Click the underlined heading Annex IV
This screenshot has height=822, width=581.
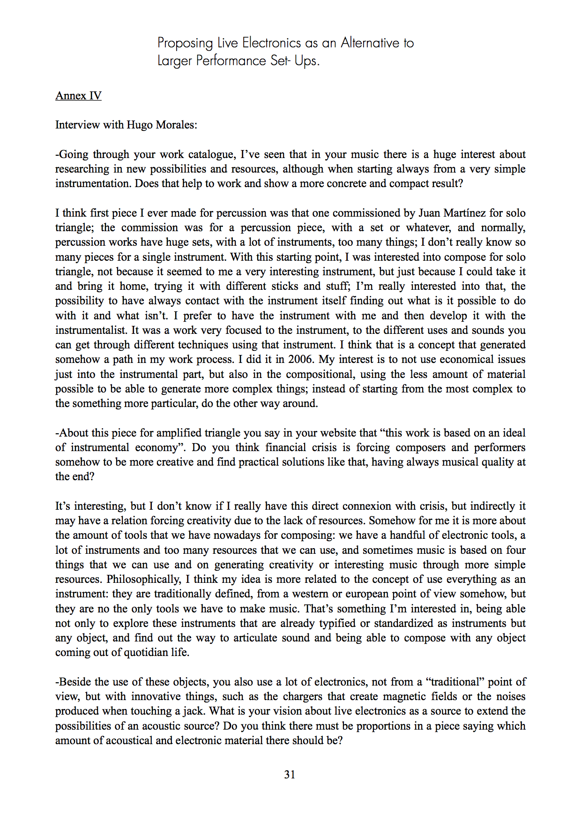coord(78,96)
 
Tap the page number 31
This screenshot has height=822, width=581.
coord(290,774)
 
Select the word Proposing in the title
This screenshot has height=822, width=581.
coord(185,43)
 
